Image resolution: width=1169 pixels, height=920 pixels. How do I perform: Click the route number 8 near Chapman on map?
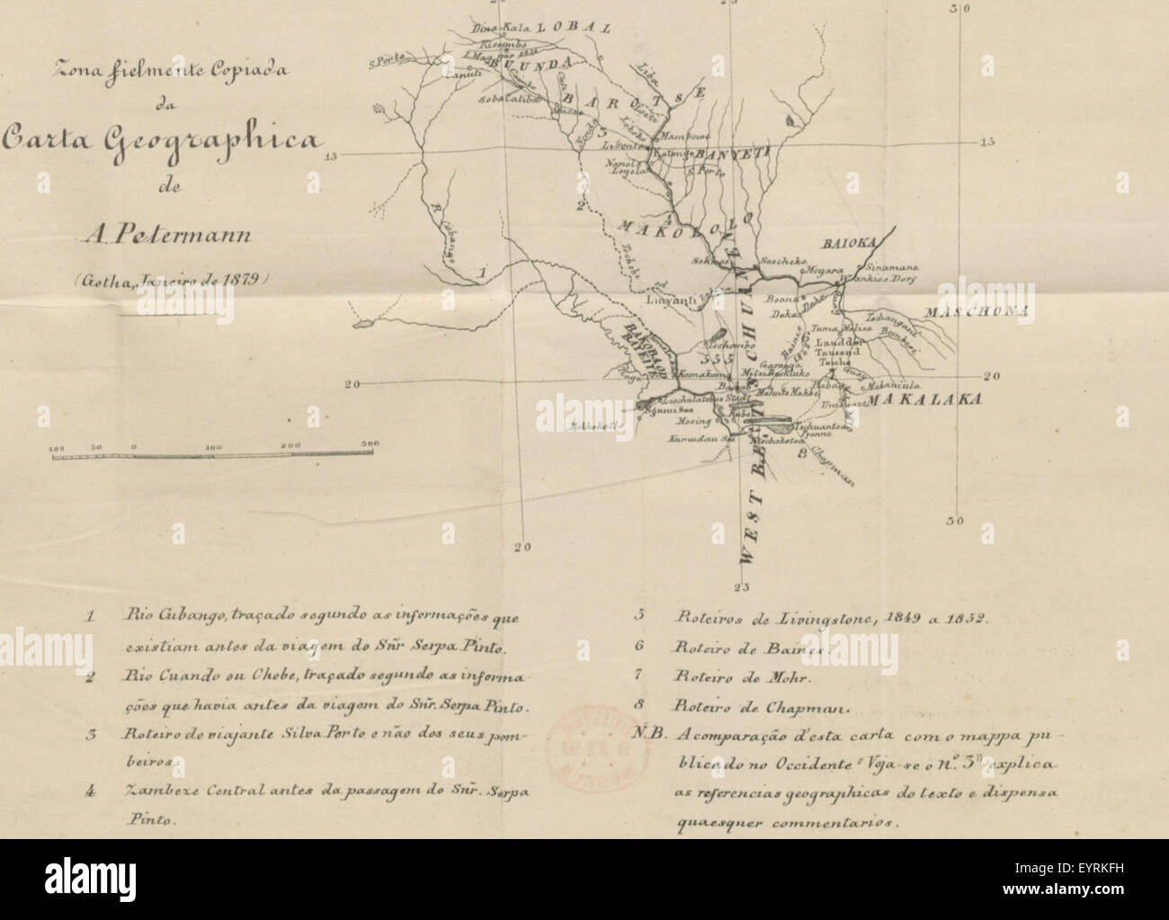tap(800, 454)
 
